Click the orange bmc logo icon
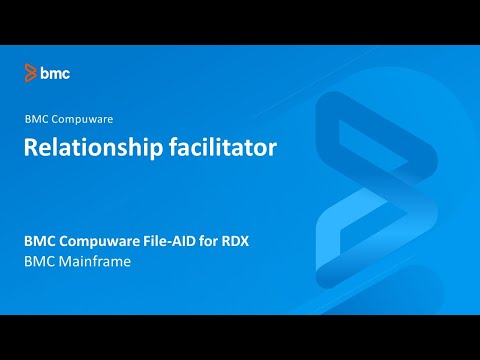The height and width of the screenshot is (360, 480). pyautogui.click(x=32, y=72)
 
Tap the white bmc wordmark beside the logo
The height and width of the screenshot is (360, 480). pyautogui.click(x=55, y=72)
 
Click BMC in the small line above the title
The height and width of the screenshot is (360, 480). pyautogui.click(x=35, y=118)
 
